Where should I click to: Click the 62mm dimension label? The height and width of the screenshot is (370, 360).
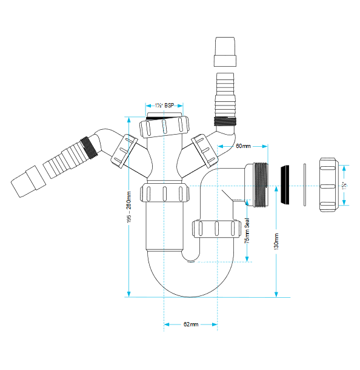coord(191,325)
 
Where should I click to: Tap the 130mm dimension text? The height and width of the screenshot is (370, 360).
coord(276,241)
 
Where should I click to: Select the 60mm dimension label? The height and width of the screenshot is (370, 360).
coord(243,146)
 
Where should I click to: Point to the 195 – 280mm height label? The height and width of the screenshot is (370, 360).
coord(128,207)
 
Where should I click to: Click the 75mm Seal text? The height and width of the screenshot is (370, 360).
coord(247,230)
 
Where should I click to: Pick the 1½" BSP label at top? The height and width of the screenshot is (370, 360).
coord(164,106)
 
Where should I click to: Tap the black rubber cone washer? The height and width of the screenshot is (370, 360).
coord(285,185)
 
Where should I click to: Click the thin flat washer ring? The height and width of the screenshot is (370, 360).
coord(304,185)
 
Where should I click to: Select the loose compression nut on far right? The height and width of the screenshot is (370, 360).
coord(328,185)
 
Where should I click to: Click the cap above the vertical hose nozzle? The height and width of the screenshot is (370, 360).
coord(225,52)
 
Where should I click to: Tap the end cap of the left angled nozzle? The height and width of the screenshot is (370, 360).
coord(28,181)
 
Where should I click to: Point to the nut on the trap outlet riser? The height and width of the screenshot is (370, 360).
coord(216,228)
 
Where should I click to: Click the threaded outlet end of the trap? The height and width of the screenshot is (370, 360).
coord(261,185)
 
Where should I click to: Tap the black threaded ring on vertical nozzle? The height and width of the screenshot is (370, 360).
coord(225,121)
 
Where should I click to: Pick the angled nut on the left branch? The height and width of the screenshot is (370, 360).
coord(124,151)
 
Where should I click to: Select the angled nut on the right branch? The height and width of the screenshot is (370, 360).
coord(204,151)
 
